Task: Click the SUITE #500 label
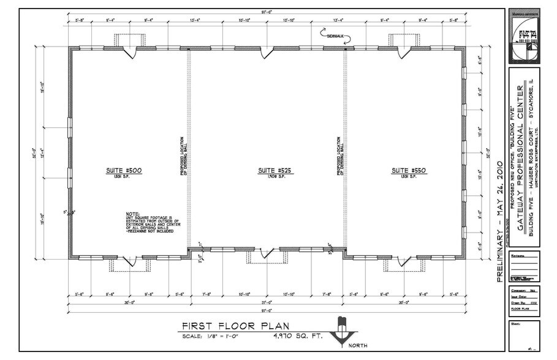tap(129, 170)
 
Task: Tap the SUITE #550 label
tap(405, 170)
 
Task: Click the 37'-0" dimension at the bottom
tap(267, 302)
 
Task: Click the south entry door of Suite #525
tap(267, 252)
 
